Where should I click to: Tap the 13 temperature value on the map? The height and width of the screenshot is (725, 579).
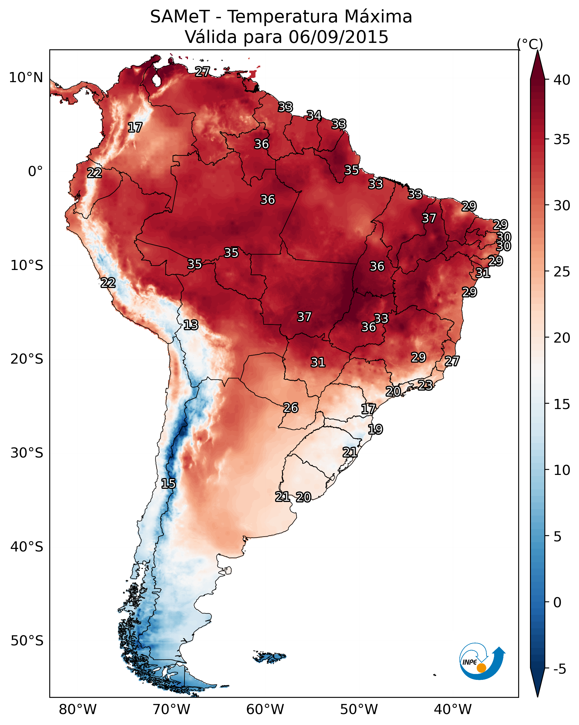191,325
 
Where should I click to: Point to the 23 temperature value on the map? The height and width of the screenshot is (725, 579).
425,385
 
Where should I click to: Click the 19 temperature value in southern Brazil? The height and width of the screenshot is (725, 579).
375,429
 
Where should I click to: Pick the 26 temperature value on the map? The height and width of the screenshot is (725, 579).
291,408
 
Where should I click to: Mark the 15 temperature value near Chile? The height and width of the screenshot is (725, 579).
168,484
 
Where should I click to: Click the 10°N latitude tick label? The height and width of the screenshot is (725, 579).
26,78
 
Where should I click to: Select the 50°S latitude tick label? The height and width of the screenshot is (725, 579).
27,641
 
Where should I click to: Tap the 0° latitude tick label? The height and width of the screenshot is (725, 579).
35,172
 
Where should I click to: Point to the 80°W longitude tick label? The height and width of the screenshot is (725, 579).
78,710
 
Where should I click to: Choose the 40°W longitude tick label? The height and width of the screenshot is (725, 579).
453,710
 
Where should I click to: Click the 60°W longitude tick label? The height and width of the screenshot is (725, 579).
265,710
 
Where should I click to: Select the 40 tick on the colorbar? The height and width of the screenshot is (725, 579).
562,80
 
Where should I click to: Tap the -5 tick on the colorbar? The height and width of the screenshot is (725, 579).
560,669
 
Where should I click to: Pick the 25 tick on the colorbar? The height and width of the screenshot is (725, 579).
562,271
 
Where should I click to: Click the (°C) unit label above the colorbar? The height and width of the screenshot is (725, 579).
530,44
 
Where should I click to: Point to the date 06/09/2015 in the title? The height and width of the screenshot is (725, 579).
338,37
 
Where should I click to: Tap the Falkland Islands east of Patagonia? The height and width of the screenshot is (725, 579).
269,656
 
